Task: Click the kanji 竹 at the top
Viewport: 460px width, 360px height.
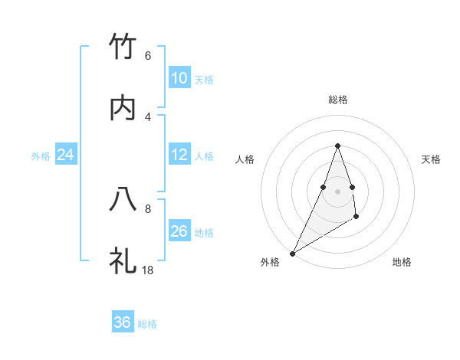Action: pyautogui.click(x=123, y=47)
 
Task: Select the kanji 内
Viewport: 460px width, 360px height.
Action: pyautogui.click(x=123, y=108)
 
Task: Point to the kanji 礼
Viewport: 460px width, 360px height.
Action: pyautogui.click(x=123, y=260)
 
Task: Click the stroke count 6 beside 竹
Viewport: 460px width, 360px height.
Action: pyautogui.click(x=148, y=56)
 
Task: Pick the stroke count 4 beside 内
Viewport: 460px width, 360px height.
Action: pyautogui.click(x=148, y=116)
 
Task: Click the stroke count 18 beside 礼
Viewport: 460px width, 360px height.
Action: pyautogui.click(x=148, y=269)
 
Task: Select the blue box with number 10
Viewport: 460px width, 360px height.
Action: pyautogui.click(x=179, y=78)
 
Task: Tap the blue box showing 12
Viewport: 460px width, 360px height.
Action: pyautogui.click(x=179, y=155)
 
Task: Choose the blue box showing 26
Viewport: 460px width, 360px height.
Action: pyautogui.click(x=179, y=231)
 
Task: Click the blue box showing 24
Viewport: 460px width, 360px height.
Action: pyautogui.click(x=65, y=155)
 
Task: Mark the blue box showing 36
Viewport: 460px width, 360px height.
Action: pyautogui.click(x=123, y=322)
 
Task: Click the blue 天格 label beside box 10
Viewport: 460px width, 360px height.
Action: pyautogui.click(x=204, y=80)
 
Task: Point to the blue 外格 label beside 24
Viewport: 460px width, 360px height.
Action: pyautogui.click(x=41, y=156)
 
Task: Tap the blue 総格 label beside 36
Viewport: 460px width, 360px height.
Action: pyautogui.click(x=147, y=324)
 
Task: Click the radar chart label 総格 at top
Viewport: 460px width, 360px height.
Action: pyautogui.click(x=338, y=100)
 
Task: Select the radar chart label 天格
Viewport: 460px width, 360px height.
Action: pyautogui.click(x=431, y=159)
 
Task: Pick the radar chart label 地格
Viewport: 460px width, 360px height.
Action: pyautogui.click(x=402, y=262)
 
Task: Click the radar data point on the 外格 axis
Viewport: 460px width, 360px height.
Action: pyautogui.click(x=292, y=254)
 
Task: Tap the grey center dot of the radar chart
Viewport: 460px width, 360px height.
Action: pyautogui.click(x=338, y=191)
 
